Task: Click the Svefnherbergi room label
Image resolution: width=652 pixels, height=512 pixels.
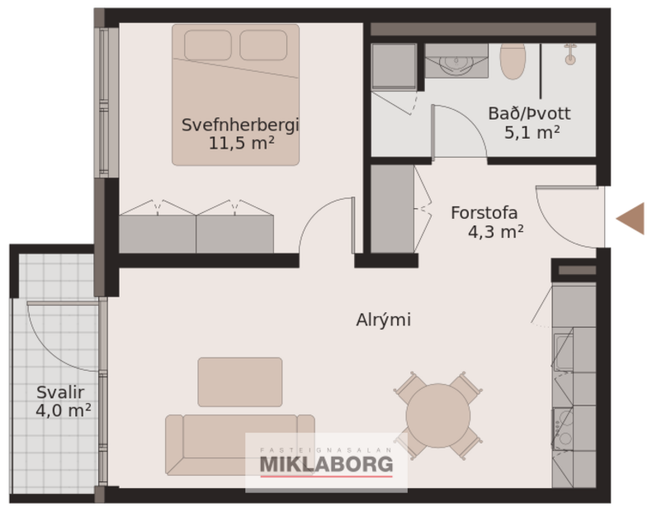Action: [240, 126]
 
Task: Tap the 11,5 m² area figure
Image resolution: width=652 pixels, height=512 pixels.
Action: [241, 143]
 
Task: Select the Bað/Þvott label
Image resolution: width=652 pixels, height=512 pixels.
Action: [529, 114]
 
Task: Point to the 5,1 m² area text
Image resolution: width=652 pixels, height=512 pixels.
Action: [532, 131]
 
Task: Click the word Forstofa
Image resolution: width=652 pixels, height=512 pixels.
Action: [484, 213]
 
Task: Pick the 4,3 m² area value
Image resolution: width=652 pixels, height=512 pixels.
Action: [496, 232]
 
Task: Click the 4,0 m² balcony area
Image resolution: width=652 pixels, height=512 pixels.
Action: [63, 410]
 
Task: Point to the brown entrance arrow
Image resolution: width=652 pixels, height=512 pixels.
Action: [631, 218]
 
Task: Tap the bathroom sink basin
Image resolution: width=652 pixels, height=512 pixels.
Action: [453, 62]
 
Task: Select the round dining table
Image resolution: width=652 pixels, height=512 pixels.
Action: [437, 415]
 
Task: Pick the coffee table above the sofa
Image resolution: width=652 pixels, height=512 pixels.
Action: [239, 382]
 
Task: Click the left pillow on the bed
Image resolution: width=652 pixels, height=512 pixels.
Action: [207, 45]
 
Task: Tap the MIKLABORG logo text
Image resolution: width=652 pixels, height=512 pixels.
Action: [327, 465]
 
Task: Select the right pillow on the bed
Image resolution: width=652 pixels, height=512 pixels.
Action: [263, 45]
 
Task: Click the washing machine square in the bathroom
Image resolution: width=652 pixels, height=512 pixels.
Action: [394, 66]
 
